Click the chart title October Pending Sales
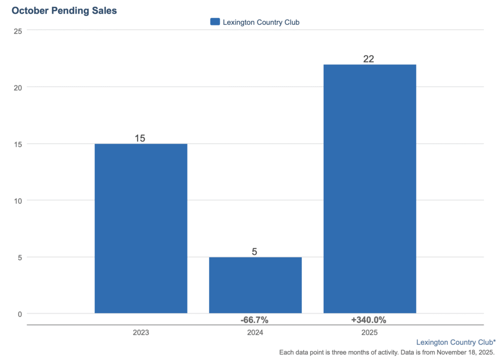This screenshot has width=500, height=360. click(x=64, y=10)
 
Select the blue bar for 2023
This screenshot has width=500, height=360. click(x=141, y=228)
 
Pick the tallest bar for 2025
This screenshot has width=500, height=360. click(x=370, y=189)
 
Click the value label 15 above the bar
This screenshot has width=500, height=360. click(x=140, y=138)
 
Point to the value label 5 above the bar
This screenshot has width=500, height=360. click(x=254, y=252)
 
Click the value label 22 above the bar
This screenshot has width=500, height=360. click(x=369, y=59)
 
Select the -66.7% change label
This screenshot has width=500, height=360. click(x=254, y=320)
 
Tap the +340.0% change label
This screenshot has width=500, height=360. click(x=369, y=320)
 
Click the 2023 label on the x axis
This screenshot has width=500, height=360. click(x=141, y=333)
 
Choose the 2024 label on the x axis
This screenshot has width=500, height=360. click(x=255, y=333)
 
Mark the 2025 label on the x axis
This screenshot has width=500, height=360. click(x=370, y=333)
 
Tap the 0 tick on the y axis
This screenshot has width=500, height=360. click(x=20, y=314)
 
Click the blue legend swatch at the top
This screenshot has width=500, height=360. click(x=215, y=21)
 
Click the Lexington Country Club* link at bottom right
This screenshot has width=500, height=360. click(x=456, y=342)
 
